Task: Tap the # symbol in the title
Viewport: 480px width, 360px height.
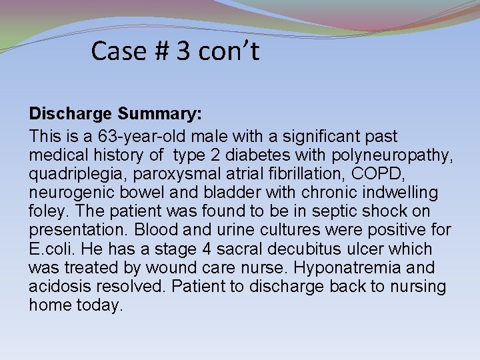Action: tap(160, 51)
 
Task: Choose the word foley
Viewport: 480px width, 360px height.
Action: tap(46, 212)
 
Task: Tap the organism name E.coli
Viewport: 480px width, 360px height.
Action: tap(52, 249)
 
